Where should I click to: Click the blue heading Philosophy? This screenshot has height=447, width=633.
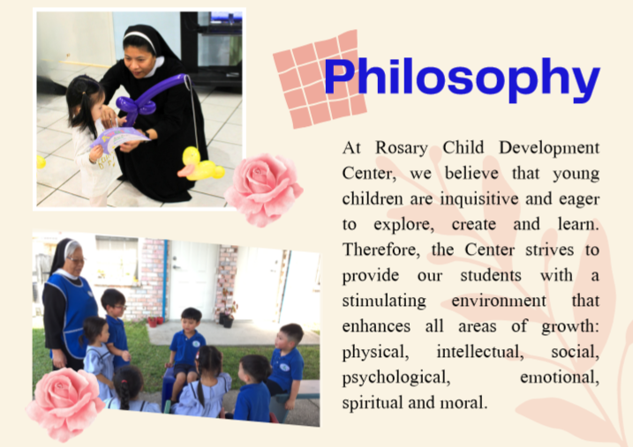pos(462,79)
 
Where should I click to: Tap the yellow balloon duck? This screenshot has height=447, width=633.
pos(200,164)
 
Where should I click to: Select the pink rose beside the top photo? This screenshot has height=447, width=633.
pos(264,189)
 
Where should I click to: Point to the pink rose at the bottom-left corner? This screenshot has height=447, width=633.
pos(65,403)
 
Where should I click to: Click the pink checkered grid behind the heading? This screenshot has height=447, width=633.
pos(320,79)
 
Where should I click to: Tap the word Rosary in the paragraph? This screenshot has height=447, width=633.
pos(402,148)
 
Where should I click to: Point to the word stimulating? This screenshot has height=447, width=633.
pos(384,302)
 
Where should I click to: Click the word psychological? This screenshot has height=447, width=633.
pos(396,377)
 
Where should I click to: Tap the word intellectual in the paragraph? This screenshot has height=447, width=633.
pos(480,352)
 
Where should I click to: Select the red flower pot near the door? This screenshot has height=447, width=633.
pos(153,322)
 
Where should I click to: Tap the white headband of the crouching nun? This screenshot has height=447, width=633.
pos(140,40)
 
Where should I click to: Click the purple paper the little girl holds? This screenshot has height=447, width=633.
pos(119,137)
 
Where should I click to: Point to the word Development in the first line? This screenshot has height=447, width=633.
pos(549,148)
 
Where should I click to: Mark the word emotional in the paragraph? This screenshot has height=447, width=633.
pos(560,377)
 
